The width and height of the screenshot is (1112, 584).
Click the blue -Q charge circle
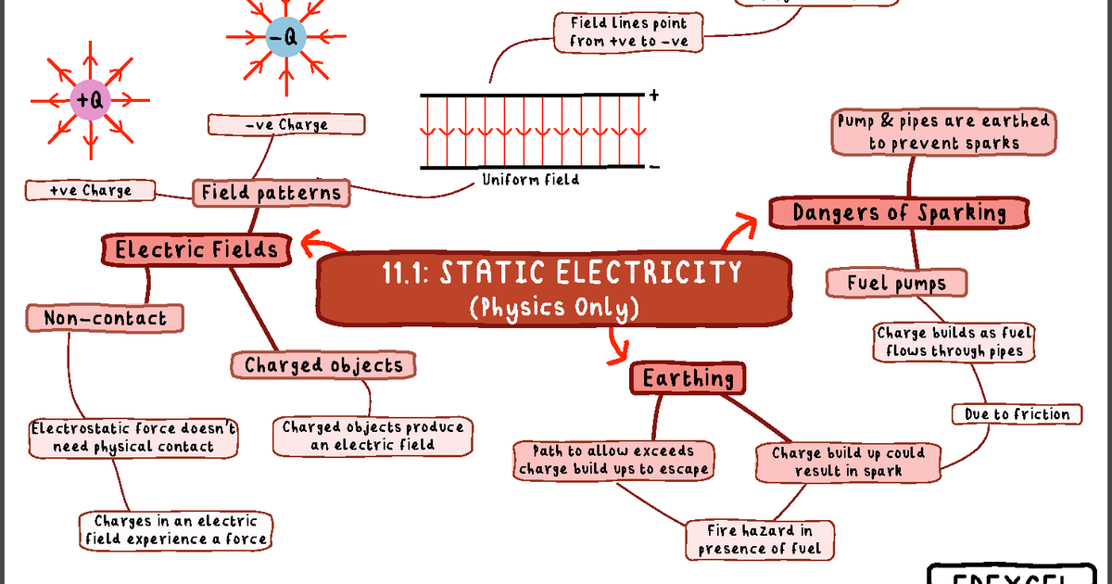[x=283, y=38]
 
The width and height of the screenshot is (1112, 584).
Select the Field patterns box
[x=272, y=193]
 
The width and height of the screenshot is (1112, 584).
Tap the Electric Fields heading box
[x=196, y=249]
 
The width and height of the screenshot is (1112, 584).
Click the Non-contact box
[x=105, y=319]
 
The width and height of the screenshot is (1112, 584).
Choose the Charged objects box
[x=323, y=365]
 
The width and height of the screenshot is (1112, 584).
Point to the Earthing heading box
[x=688, y=378]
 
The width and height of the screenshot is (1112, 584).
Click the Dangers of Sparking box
[x=899, y=213]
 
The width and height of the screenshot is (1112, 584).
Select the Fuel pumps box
[x=896, y=283]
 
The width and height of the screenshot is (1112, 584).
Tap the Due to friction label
[x=1017, y=414]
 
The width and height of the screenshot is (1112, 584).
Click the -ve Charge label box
[x=286, y=124]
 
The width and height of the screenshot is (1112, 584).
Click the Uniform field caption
[x=530, y=180]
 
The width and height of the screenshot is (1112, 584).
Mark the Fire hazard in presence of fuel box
[x=760, y=540]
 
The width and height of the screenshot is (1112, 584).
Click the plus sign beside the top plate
[x=654, y=95]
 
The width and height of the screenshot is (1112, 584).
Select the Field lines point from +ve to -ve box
[x=628, y=32]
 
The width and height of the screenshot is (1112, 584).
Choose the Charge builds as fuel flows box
[x=954, y=342]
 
